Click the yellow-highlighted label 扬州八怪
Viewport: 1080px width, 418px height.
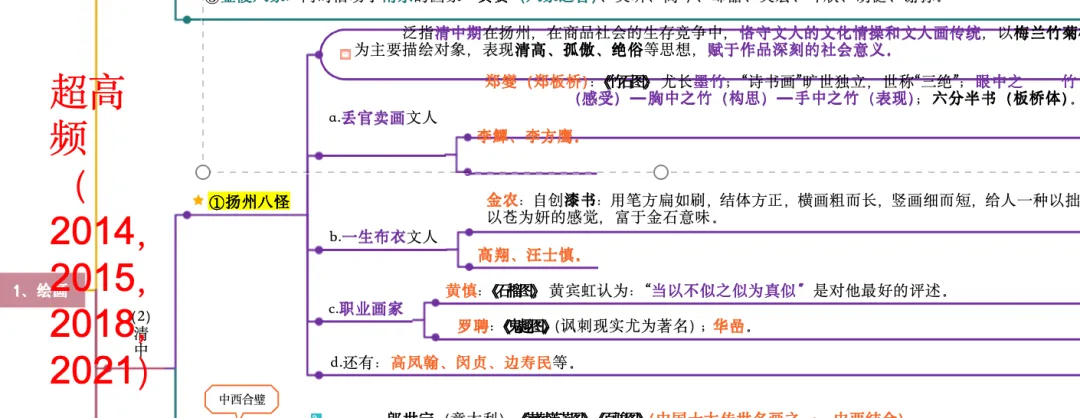coord(250,202)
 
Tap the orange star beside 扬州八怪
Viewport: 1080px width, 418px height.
coord(198,201)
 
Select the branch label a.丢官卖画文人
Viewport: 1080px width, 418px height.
coord(383,118)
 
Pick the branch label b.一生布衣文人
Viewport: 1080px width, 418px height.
coord(383,237)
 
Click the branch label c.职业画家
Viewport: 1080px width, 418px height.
coord(366,309)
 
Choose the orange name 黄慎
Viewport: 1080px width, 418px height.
coord(461,290)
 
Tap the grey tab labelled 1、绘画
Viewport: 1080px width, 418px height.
coord(42,292)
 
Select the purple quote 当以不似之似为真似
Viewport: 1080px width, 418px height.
coord(728,291)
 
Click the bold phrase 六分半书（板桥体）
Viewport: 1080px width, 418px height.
coord(1001,99)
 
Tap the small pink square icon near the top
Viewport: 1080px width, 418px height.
coord(345,54)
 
